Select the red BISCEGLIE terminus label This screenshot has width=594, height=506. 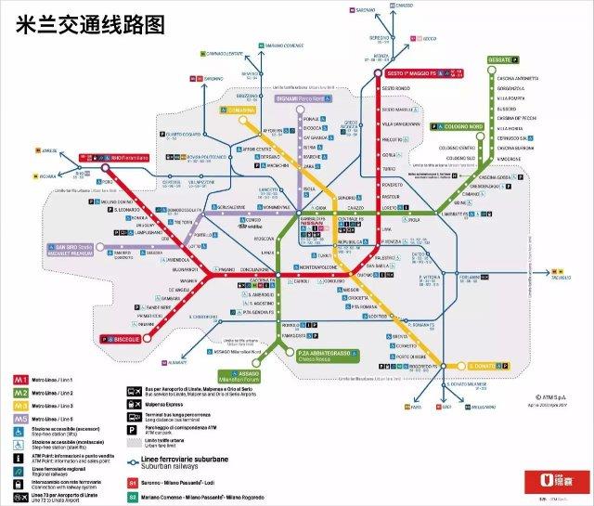(118, 339)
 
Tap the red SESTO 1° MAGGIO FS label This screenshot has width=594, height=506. (416, 73)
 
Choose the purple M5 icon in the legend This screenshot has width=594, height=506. (17, 420)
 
